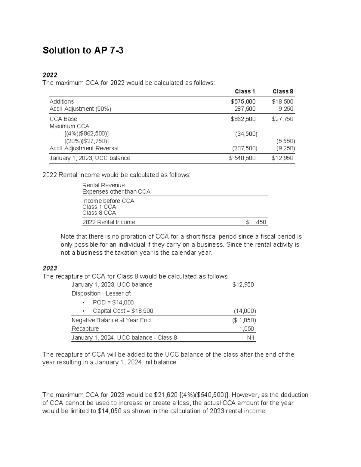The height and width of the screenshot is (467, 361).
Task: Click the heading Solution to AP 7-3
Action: [83, 50]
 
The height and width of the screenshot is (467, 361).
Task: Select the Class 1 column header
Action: [245, 91]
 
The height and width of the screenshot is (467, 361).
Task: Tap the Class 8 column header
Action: [283, 91]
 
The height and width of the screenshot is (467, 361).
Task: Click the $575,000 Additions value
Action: [243, 102]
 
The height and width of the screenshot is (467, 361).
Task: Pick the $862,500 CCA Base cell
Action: [243, 119]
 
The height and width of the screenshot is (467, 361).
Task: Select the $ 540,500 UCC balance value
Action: [242, 158]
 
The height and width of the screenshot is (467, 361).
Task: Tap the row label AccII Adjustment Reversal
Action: [84, 148]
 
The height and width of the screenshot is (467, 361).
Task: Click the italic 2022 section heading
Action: [50, 75]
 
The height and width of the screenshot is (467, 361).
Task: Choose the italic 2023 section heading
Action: [50, 268]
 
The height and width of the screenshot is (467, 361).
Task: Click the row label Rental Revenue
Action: [103, 185]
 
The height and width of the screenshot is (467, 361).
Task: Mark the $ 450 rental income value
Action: [256, 222]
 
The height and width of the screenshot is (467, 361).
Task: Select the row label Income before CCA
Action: [108, 201]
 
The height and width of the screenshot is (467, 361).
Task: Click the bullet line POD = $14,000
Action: [113, 303]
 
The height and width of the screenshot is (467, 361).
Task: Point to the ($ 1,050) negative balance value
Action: [244, 320]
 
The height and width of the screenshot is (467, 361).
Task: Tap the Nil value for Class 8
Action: [250, 338]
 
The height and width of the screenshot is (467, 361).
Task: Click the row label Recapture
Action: [85, 329]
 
